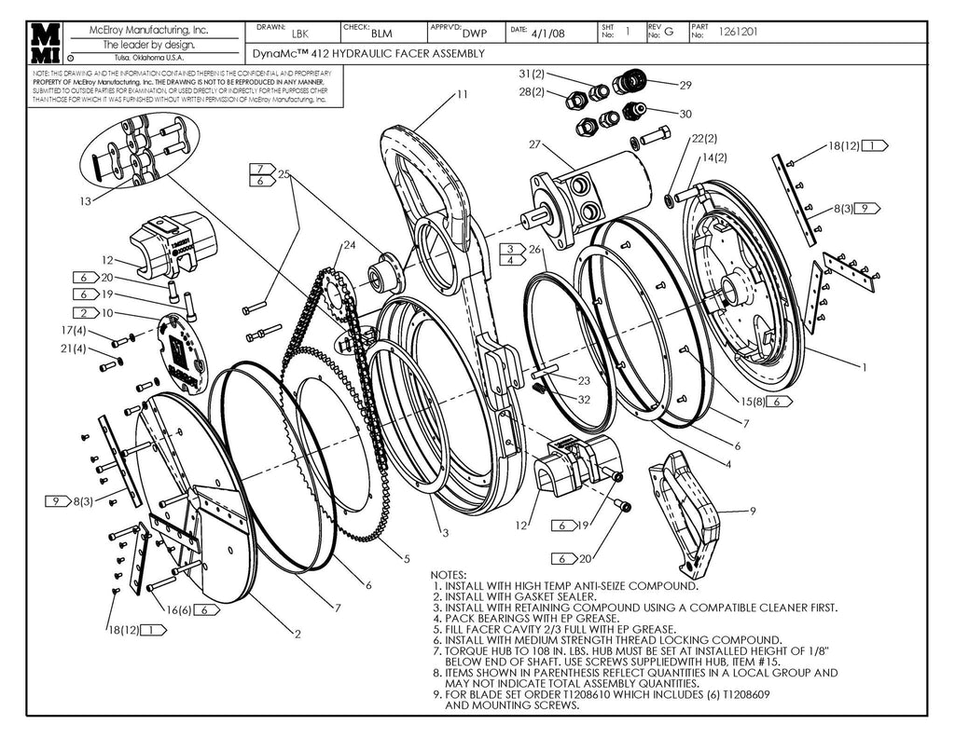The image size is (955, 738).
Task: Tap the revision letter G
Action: (x=668, y=33)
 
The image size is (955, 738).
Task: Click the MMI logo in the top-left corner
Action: (x=46, y=43)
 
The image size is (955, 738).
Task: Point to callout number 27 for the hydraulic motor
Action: (x=534, y=144)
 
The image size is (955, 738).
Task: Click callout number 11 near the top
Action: (x=463, y=94)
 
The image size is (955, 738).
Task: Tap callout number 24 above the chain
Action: (x=349, y=245)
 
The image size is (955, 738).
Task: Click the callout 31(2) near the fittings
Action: (x=533, y=74)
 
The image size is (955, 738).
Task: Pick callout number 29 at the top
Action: (x=685, y=85)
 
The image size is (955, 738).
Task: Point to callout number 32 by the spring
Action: (x=584, y=399)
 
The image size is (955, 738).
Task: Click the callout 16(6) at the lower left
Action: (x=180, y=609)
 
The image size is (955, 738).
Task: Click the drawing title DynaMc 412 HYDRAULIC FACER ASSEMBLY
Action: (x=368, y=54)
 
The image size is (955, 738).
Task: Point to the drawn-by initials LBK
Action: (x=300, y=33)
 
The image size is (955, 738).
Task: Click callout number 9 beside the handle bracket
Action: (x=752, y=511)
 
